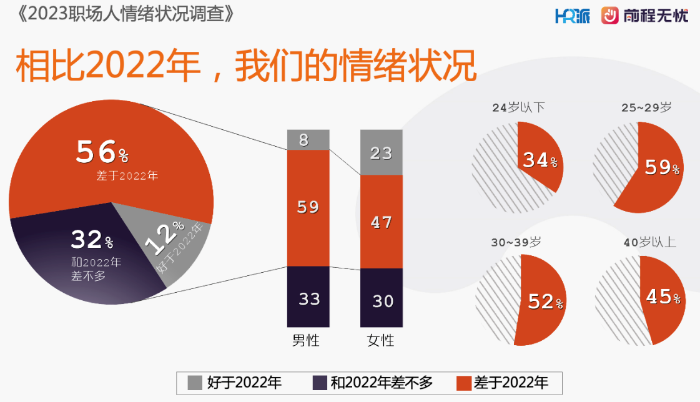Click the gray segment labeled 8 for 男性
coord(308,140)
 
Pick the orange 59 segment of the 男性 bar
coord(308,207)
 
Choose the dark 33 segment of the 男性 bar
coord(308,298)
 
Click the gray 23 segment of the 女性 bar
coord(381,152)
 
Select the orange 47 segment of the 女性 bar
coord(381,222)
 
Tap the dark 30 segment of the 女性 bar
coord(381,300)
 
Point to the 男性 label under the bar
coord(306,341)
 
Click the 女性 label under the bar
coord(381,341)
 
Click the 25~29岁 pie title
coord(646,107)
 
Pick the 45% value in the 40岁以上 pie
coord(663,298)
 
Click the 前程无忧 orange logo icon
coord(609,16)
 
